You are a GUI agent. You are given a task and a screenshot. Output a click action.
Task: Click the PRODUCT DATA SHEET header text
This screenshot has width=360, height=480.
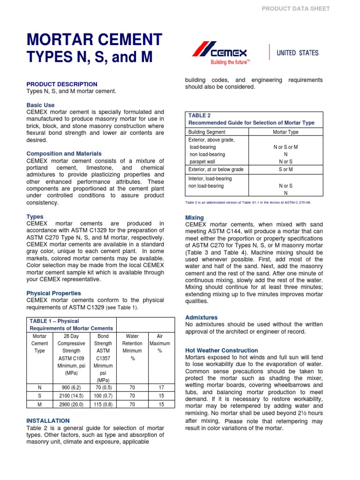295,8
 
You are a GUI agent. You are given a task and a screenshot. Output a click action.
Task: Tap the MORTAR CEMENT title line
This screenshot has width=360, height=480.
95,40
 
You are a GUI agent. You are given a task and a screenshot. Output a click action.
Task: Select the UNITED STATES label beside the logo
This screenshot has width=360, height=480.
297,52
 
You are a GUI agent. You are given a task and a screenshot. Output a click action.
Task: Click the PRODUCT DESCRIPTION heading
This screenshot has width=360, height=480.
62,84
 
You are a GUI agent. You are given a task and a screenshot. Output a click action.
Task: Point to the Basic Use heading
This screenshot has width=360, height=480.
40,105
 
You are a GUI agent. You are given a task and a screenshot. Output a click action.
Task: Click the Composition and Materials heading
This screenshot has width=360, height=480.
64,154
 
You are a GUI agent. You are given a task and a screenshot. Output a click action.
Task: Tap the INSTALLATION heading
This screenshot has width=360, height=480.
48,421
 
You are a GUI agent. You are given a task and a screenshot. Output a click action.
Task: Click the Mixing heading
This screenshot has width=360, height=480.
195,217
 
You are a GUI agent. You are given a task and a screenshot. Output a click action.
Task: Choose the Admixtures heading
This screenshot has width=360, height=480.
202,317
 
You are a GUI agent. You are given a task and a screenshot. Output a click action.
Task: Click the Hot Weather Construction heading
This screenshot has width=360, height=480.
221,350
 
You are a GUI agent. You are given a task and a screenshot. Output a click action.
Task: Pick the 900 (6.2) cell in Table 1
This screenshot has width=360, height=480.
70,387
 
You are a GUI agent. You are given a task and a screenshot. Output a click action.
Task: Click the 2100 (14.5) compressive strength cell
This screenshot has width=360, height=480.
70,396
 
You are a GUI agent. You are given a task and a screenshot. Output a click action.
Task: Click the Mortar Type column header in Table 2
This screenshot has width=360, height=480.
285,132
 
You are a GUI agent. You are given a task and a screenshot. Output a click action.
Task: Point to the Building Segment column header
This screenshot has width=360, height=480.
207,132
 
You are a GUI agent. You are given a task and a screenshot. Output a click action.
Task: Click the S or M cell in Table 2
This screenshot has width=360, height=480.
285,169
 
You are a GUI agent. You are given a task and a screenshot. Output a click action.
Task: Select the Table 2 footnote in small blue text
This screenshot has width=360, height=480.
248,202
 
